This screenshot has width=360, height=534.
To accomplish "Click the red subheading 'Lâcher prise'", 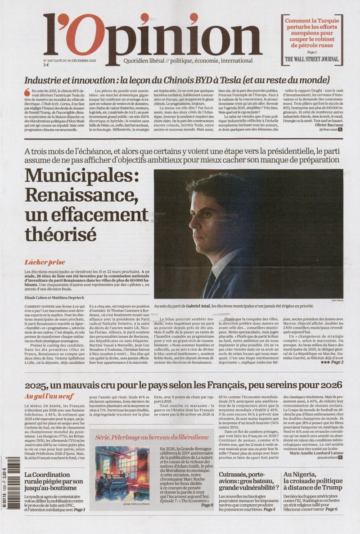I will pyautogui.click(x=45, y=262).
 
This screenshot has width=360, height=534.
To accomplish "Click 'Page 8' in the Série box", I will pyautogui.click(x=207, y=505).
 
